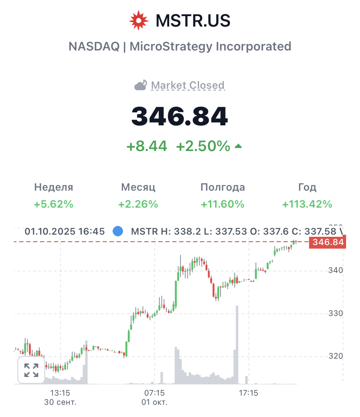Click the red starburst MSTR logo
click(139, 20)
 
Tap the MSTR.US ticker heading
click(193, 20)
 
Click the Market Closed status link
click(188, 85)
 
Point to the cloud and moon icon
click(141, 85)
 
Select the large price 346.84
click(180, 116)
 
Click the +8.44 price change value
click(147, 146)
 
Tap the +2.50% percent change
click(203, 146)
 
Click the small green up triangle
click(238, 146)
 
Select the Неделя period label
click(53, 187)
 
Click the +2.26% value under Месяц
click(138, 204)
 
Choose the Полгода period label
click(223, 187)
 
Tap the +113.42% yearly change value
click(307, 204)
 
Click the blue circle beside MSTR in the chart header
click(118, 231)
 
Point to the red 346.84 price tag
click(327, 242)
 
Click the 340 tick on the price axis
click(336, 270)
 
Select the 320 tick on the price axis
click(336, 356)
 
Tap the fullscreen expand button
click(31, 370)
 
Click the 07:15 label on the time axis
click(154, 393)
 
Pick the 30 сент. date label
click(60, 402)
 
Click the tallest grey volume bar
click(237, 345)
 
